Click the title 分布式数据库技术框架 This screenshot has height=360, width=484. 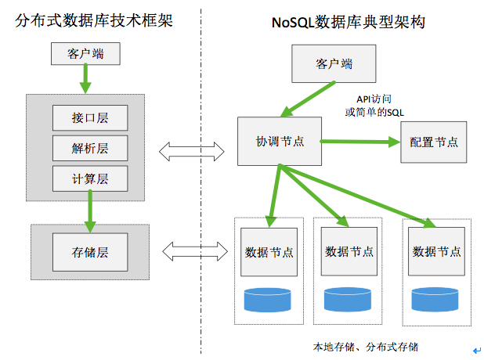93,22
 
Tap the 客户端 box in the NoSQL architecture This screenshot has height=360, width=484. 334,63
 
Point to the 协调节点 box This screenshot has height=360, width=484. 280,142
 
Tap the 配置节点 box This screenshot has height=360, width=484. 433,142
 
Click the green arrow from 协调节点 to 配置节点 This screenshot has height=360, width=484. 360,142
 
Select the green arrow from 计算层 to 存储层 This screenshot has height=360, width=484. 91,210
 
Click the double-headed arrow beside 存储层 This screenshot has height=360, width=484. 189,250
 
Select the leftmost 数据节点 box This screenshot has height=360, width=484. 269,252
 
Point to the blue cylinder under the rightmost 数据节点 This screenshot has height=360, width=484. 435,299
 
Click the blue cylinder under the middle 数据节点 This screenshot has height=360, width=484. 349,299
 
